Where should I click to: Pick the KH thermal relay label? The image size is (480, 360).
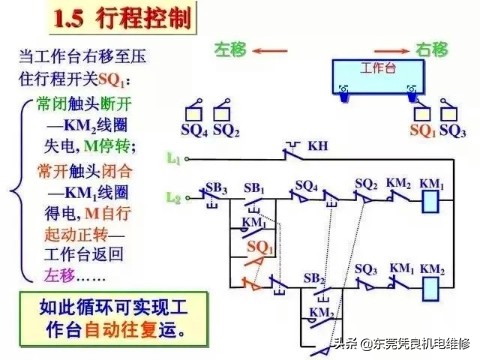317,146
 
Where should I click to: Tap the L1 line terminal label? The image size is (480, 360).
174,158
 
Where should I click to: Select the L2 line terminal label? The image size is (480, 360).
174,199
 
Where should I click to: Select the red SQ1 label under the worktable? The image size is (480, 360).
423,131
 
